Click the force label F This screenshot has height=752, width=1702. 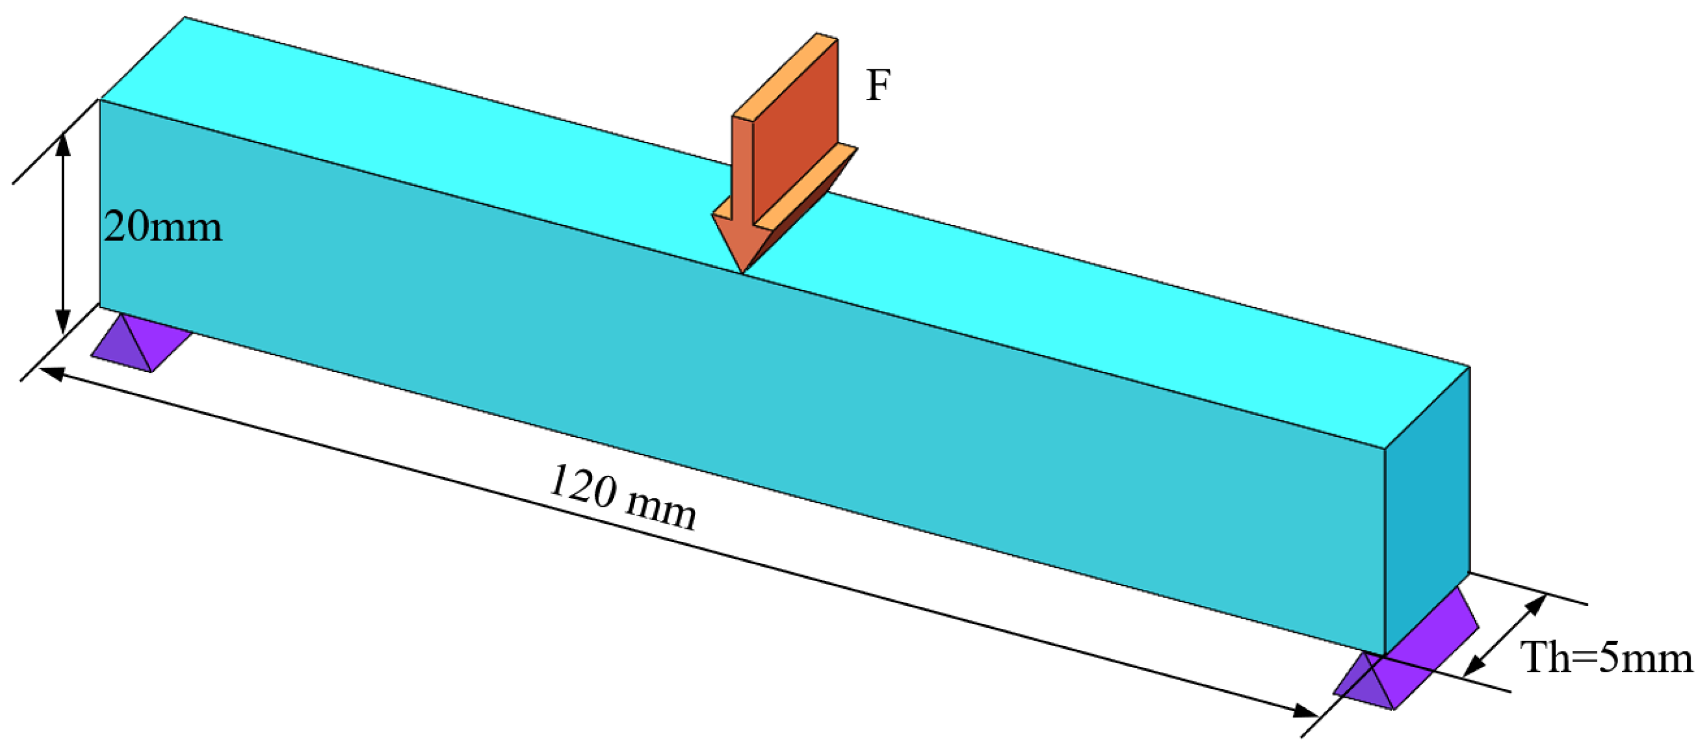[878, 86]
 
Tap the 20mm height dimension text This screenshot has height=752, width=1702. [163, 228]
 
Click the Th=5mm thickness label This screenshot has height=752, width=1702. [1607, 658]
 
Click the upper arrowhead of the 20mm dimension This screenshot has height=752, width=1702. [63, 142]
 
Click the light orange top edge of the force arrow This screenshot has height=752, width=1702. [784, 76]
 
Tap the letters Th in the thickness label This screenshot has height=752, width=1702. [1546, 658]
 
